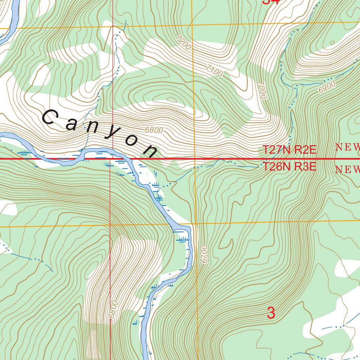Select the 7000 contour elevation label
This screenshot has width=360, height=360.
click(x=262, y=90)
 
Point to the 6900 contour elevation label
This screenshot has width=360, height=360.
click(x=327, y=87)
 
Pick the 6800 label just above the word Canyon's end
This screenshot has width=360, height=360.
click(x=154, y=130)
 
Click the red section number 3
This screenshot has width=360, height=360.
click(x=271, y=313)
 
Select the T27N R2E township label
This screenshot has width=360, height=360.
click(x=290, y=150)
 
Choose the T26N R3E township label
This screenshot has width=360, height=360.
click(x=290, y=167)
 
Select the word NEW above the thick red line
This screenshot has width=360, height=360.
click(x=347, y=147)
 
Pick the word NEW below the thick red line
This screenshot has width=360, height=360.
click(x=347, y=170)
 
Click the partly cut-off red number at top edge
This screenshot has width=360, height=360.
click(x=271, y=2)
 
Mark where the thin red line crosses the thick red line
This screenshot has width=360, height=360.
click(x=111, y=159)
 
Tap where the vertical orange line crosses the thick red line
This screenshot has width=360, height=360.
click(x=194, y=159)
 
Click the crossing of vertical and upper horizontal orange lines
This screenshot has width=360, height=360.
click(x=192, y=25)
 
